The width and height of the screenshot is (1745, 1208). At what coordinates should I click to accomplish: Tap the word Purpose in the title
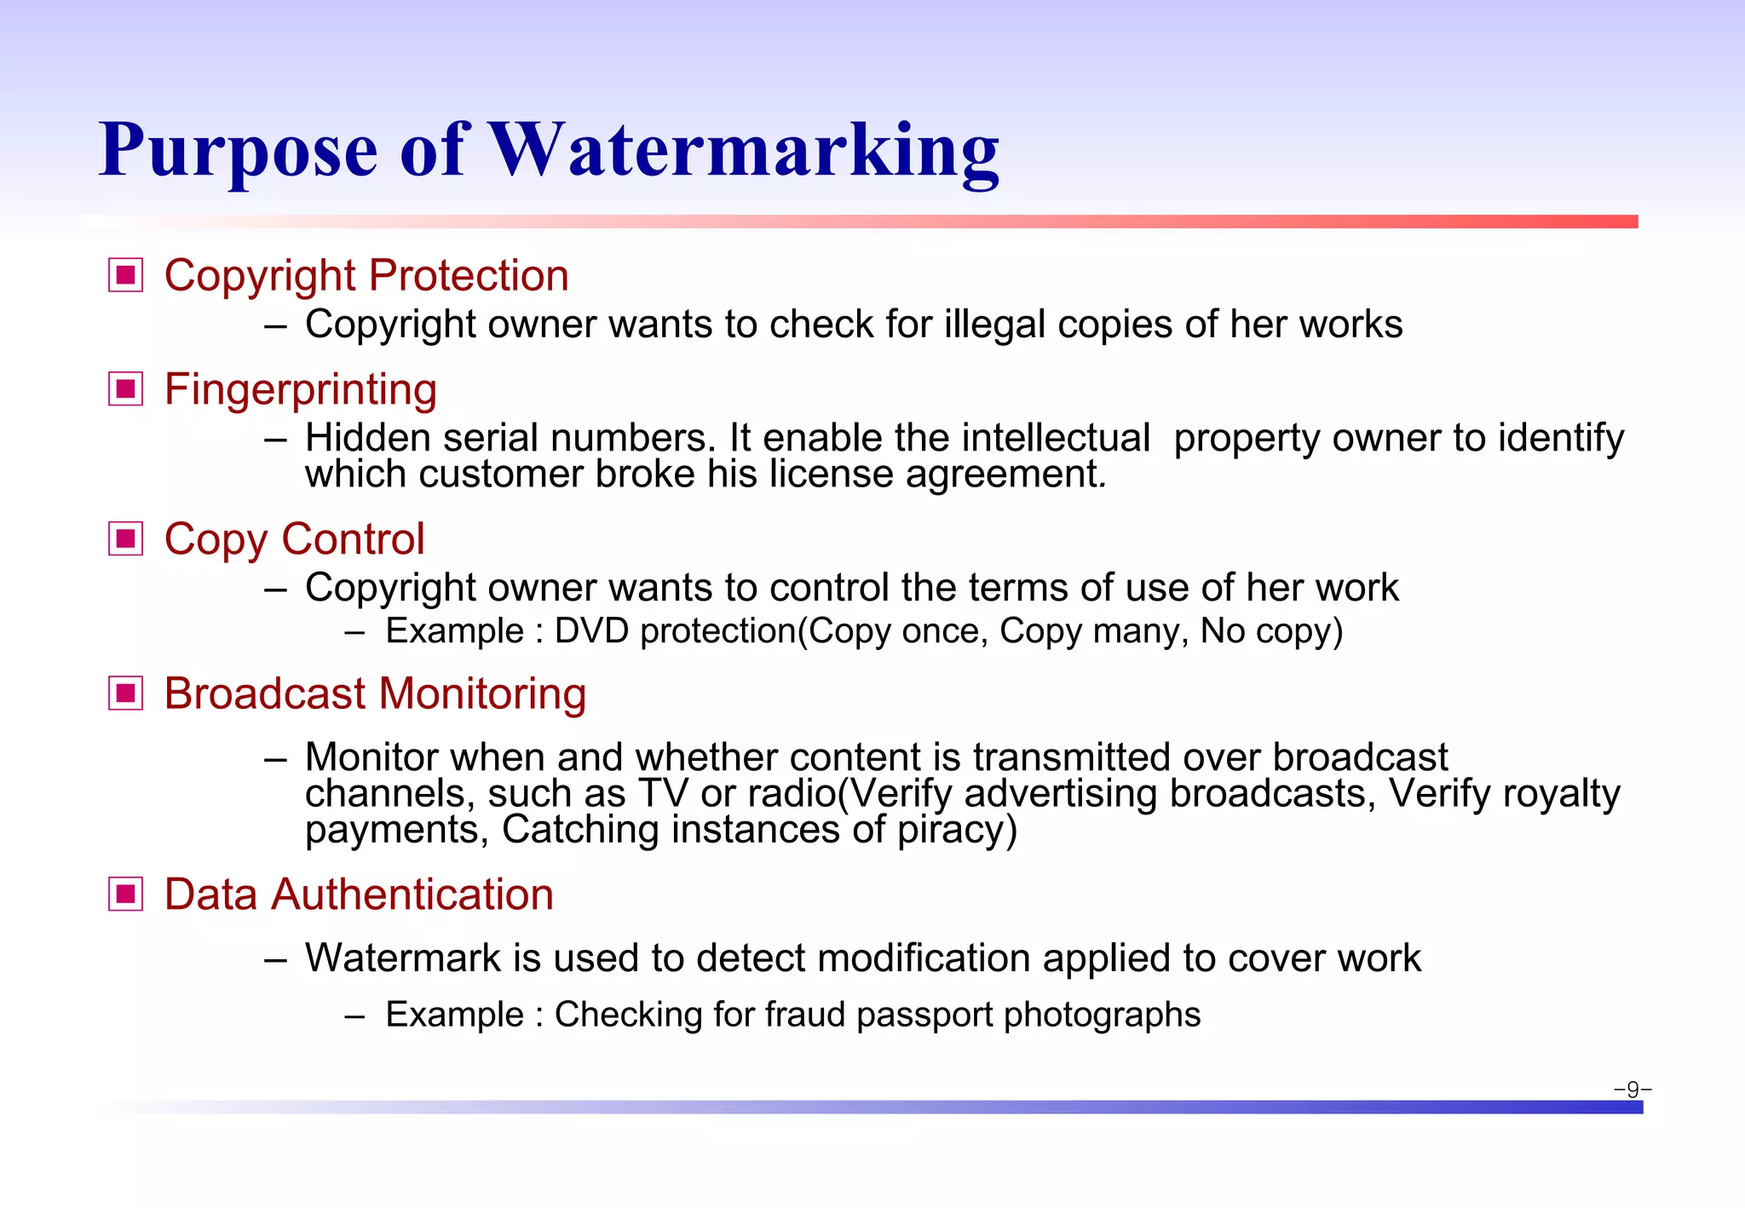pyautogui.click(x=238, y=152)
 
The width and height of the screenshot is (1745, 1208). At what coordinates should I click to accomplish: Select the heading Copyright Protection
pyautogui.click(x=366, y=275)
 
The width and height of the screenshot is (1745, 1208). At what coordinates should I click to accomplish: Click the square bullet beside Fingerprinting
pyautogui.click(x=126, y=389)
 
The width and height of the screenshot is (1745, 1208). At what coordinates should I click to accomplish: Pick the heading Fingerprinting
pyautogui.click(x=300, y=389)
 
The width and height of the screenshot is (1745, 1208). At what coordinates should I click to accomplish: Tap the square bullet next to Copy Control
pyautogui.click(x=126, y=538)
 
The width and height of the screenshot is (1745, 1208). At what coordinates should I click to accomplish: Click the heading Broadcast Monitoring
pyautogui.click(x=375, y=693)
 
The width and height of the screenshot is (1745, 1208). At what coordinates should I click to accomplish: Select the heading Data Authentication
pyautogui.click(x=359, y=894)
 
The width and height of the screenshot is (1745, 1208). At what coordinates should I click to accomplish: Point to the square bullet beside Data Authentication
pyautogui.click(x=126, y=894)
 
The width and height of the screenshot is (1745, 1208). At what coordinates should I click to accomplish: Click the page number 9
pyautogui.click(x=1633, y=1089)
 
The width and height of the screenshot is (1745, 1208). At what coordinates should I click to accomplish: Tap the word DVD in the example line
pyautogui.click(x=591, y=631)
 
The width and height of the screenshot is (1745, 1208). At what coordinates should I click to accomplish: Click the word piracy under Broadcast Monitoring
pyautogui.click(x=956, y=830)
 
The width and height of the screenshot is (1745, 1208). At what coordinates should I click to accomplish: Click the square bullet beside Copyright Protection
pyautogui.click(x=126, y=275)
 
